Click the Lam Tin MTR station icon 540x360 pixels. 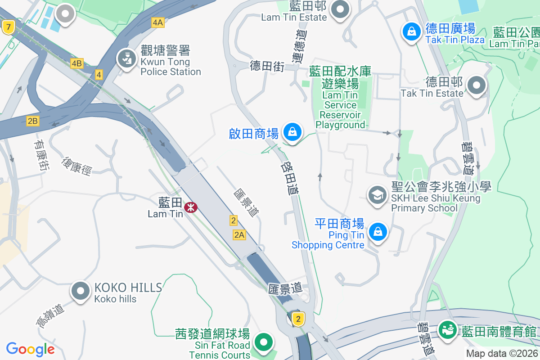click(191, 207)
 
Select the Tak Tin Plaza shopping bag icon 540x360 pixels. click(411, 31)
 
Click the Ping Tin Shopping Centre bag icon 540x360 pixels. click(378, 232)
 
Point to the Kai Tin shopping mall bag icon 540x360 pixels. click(292, 132)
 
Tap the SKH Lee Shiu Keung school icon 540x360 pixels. click(377, 195)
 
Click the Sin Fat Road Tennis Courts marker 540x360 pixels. click(263, 342)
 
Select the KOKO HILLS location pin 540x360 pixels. click(81, 291)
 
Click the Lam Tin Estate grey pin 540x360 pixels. click(340, 9)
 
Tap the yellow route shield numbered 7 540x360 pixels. click(7, 27)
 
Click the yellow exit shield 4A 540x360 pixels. click(158, 22)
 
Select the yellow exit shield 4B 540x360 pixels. click(76, 63)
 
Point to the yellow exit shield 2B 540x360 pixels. click(33, 121)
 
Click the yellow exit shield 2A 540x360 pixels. click(239, 234)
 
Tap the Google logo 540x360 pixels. click(31, 349)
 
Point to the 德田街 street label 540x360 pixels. click(267, 67)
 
